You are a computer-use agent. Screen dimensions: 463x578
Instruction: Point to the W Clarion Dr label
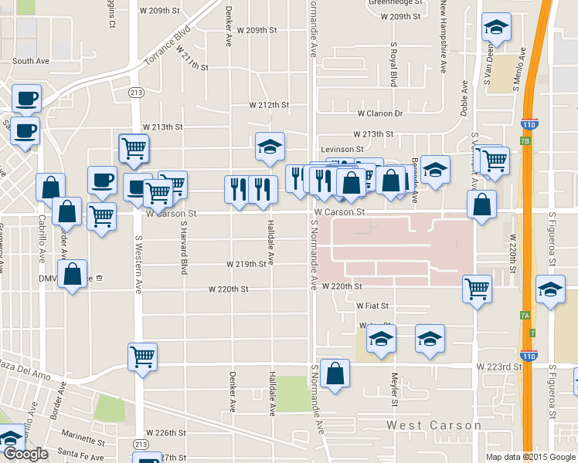(379, 113)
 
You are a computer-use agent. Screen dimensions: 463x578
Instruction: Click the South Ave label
(31, 61)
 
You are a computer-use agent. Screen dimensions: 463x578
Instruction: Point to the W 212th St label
(268, 105)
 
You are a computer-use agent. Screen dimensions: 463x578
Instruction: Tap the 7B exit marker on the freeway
(526, 142)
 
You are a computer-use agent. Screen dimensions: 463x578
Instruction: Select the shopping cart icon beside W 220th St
(477, 289)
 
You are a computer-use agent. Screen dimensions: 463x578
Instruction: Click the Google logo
(25, 455)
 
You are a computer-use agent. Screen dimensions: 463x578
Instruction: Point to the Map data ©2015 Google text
(531, 457)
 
